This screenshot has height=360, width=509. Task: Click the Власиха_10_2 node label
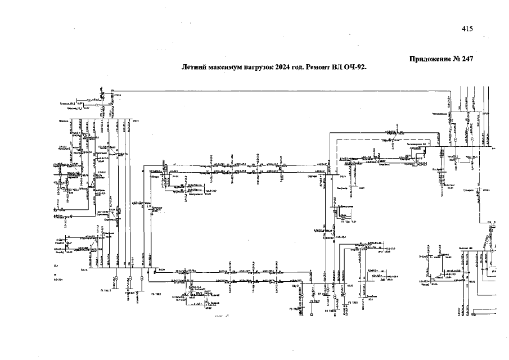[x=67, y=103]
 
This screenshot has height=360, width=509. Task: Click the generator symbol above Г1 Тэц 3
[x=116, y=278]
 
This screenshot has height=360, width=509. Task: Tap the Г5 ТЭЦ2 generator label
[x=353, y=302]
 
